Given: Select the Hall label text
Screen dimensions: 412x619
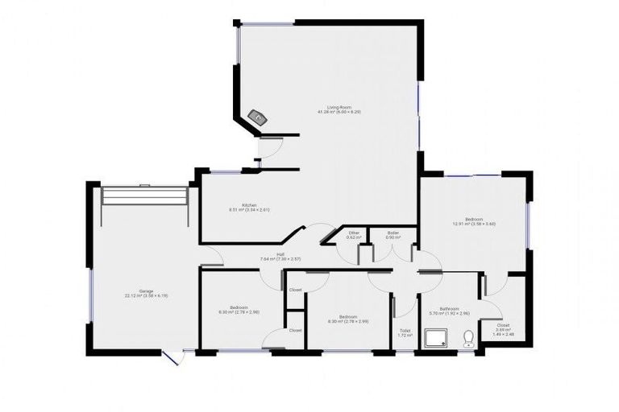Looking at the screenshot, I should coord(280,255).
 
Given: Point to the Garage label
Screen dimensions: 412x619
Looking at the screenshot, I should coord(145,290).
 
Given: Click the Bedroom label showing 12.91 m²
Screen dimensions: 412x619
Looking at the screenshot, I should coord(474,219).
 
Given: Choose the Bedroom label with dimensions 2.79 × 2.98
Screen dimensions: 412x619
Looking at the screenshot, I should coord(239,307).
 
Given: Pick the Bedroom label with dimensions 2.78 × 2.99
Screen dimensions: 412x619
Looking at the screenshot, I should coord(348,316).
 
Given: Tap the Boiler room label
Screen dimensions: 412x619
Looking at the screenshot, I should coord(393,233).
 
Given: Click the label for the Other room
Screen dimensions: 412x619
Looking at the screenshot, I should coord(353,233).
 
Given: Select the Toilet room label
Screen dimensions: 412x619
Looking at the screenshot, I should coord(405,330).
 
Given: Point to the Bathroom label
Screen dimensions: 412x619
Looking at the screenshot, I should coord(449,308).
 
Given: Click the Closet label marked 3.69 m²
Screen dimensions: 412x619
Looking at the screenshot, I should coord(503,325).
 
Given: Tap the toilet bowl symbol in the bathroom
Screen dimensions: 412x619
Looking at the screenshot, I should coord(468,339).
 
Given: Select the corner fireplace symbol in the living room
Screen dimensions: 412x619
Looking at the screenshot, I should coord(259,117).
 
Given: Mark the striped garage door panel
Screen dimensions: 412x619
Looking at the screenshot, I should coord(145,196).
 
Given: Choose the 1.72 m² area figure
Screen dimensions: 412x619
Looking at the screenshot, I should coord(405,335).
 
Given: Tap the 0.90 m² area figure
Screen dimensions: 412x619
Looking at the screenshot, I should coord(393,237).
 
